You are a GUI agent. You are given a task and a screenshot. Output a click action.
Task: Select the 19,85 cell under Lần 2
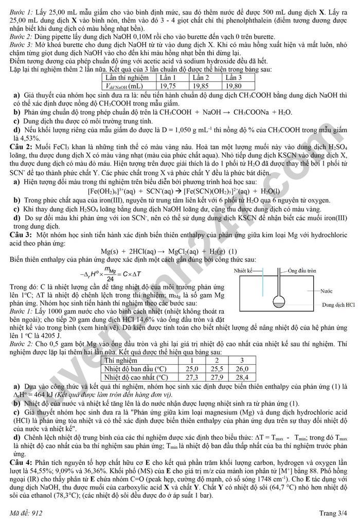201,86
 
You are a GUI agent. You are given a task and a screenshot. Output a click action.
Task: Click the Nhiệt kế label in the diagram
243,270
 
